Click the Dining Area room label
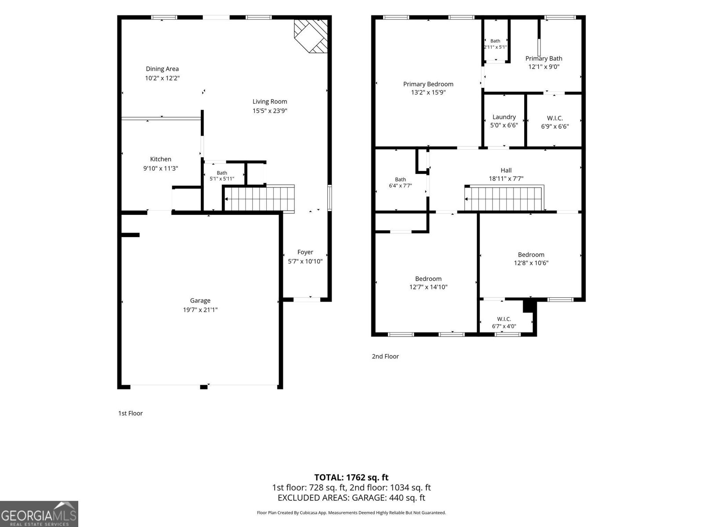click(162, 69)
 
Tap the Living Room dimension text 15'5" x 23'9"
click(270, 111)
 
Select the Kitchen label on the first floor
click(160, 159)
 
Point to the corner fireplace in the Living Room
click(311, 36)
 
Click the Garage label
click(200, 300)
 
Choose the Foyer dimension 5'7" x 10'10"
click(305, 261)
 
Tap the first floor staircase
click(259, 199)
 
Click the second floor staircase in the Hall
click(504, 199)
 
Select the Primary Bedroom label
click(428, 84)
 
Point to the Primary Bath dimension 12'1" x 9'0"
click(544, 67)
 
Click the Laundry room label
click(504, 117)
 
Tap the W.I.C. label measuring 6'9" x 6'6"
click(555, 118)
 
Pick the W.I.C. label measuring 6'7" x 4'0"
click(504, 319)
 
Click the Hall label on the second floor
click(506, 170)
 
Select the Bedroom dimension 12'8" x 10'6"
click(531, 263)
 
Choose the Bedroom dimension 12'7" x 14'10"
click(428, 287)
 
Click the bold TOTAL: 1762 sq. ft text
click(351, 477)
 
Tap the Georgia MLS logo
click(39, 514)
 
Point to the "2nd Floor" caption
click(385, 356)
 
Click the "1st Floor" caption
click(130, 413)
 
